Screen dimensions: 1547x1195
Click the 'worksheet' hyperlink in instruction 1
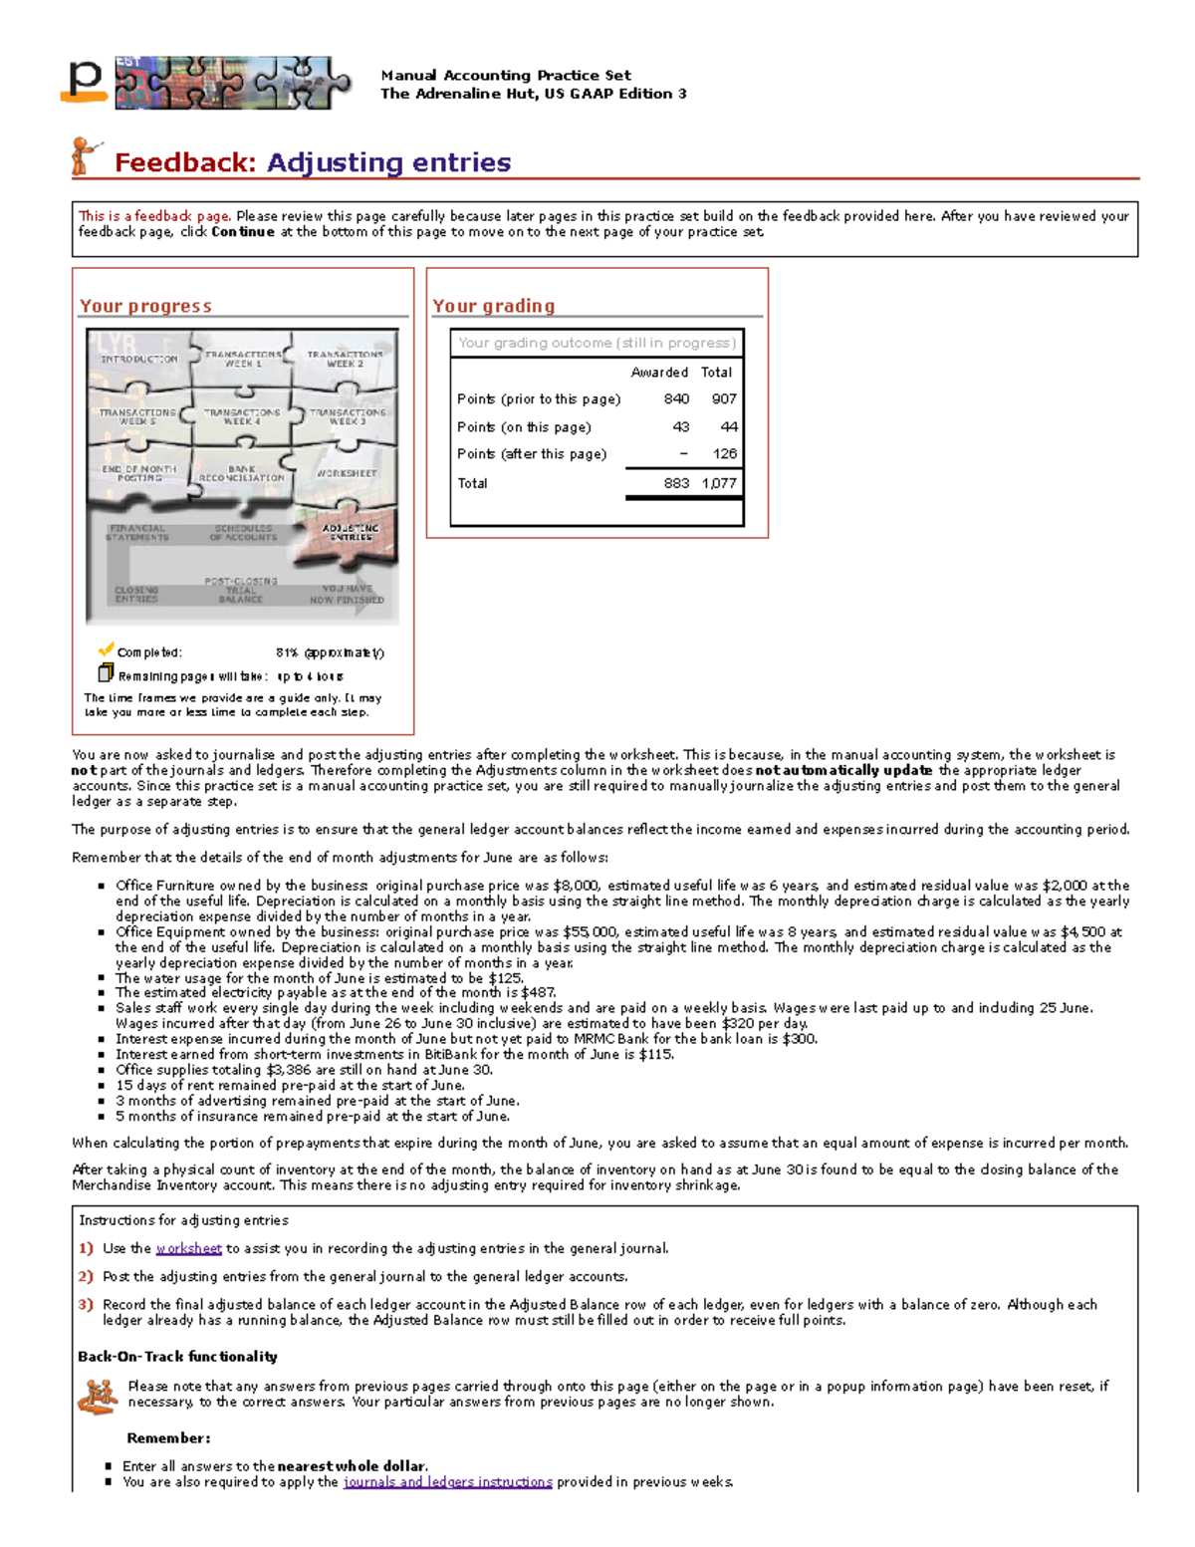(x=188, y=1248)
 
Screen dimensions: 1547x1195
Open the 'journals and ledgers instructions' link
(x=447, y=1481)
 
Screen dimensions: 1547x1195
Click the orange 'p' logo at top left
(x=85, y=82)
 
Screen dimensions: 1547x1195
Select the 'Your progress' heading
(x=145, y=306)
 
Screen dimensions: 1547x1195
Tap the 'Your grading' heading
(x=493, y=306)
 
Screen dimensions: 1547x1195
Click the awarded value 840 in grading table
(x=676, y=398)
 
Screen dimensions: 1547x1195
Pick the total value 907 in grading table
(x=724, y=398)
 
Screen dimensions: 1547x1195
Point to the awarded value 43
(x=680, y=426)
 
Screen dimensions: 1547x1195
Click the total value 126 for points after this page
(x=724, y=453)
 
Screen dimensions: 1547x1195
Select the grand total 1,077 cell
(x=719, y=483)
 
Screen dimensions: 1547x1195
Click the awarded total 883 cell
(x=676, y=483)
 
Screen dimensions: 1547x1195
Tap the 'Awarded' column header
(x=659, y=372)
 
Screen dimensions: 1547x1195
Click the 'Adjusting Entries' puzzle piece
(x=351, y=532)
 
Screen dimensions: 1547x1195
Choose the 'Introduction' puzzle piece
(x=138, y=359)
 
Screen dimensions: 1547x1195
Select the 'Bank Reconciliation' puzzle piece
(x=242, y=473)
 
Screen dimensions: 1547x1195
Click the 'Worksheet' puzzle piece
(x=347, y=473)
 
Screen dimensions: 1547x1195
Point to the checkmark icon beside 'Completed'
(x=106, y=649)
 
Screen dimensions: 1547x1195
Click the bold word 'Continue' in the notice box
(x=242, y=231)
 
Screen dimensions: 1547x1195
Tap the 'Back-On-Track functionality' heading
(x=177, y=1356)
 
